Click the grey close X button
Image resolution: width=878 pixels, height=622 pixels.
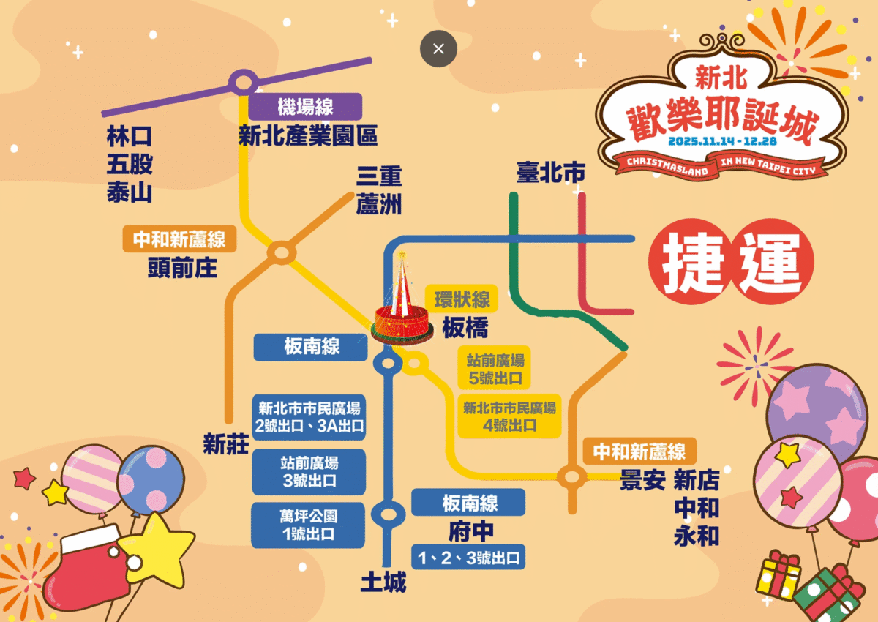tap(438, 49)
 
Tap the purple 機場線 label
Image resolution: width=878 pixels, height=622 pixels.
tap(305, 107)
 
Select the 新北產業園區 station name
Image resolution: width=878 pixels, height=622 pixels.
tap(308, 135)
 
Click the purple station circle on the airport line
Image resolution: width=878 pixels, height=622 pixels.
tap(242, 83)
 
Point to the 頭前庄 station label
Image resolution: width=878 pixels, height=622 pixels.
tap(182, 268)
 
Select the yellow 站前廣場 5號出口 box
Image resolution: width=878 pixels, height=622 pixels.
tap(494, 369)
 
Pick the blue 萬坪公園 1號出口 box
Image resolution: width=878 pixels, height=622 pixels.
tap(308, 525)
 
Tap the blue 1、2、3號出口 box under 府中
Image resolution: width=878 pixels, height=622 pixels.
tap(468, 558)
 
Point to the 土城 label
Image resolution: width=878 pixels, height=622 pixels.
tap(383, 582)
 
